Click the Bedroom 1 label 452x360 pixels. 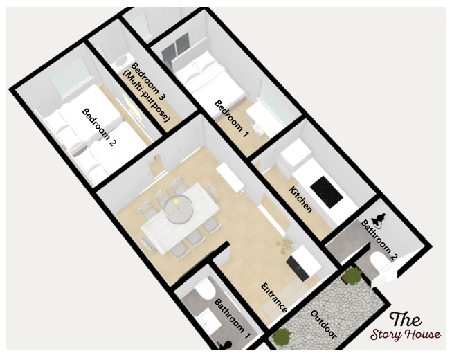(x=231, y=118)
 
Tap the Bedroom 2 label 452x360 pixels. (x=99, y=127)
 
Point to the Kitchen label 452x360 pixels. (x=300, y=199)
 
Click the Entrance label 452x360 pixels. (x=274, y=298)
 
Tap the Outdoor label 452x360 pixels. (x=323, y=324)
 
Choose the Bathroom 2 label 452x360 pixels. (x=379, y=240)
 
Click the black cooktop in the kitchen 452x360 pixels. (x=327, y=191)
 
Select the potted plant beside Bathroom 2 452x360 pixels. (x=352, y=275)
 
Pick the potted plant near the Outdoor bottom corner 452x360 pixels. (x=282, y=336)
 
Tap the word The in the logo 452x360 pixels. (x=406, y=318)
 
